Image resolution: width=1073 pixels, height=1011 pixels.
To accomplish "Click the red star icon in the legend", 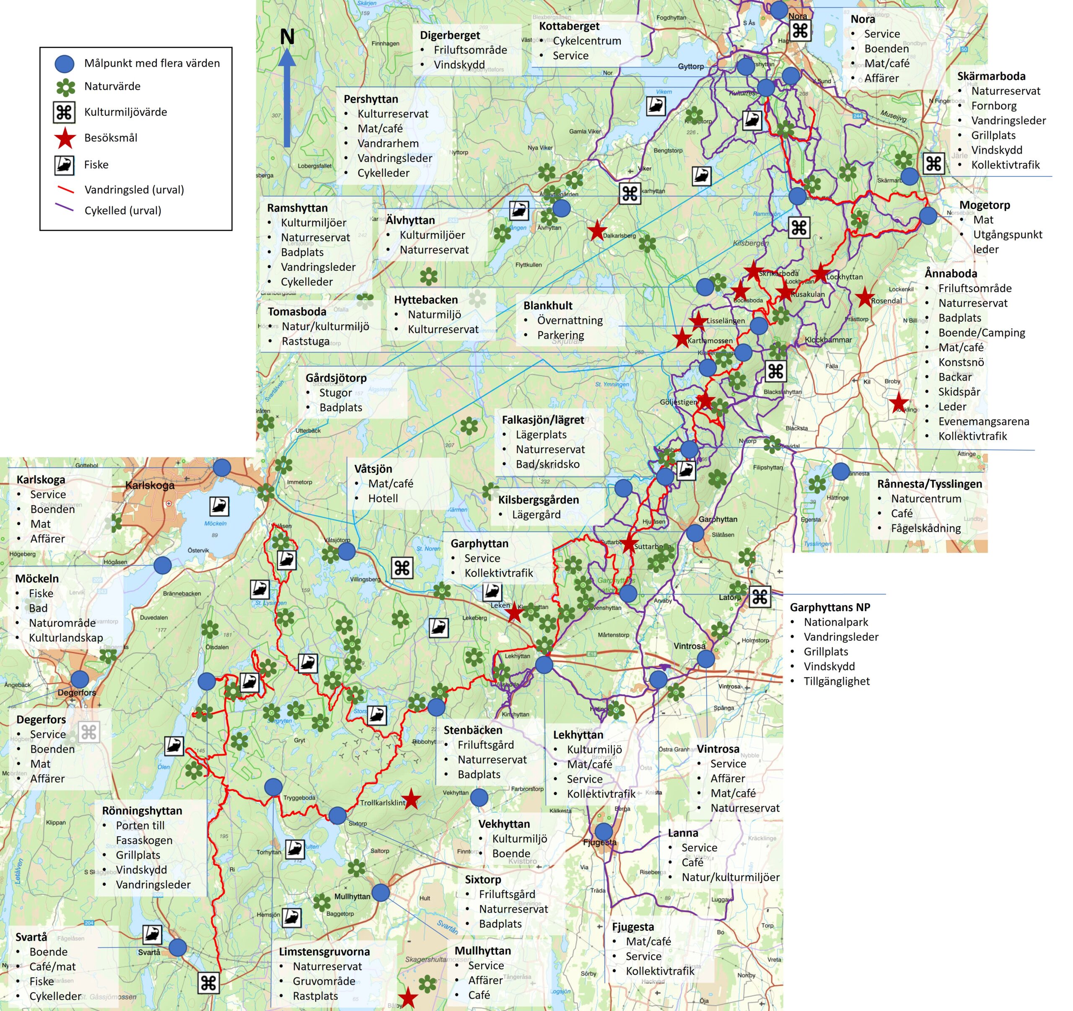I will pyautogui.click(x=65, y=138).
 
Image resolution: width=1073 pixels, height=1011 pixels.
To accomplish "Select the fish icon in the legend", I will pyautogui.click(x=64, y=165).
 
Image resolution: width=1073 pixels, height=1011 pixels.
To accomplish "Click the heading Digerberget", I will pyautogui.click(x=450, y=35).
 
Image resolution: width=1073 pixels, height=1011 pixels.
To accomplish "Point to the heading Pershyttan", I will pyautogui.click(x=371, y=99).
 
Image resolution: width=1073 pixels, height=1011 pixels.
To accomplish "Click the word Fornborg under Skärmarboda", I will pyautogui.click(x=994, y=106).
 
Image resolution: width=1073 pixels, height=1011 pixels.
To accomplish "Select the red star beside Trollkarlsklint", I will pyautogui.click(x=411, y=799).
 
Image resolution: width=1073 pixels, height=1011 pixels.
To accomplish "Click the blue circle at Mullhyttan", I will pyautogui.click(x=381, y=892).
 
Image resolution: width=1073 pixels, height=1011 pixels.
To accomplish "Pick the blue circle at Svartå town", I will pyautogui.click(x=178, y=947).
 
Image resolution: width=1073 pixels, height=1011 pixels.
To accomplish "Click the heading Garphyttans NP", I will pyautogui.click(x=829, y=607).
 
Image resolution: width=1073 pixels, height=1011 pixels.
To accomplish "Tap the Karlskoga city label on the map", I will pyautogui.click(x=150, y=485).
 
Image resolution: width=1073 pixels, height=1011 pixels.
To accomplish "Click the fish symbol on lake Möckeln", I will pyautogui.click(x=219, y=506).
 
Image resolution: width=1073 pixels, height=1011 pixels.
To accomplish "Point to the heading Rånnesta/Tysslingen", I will pyautogui.click(x=929, y=484).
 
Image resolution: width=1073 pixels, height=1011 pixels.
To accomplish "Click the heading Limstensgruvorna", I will pyautogui.click(x=324, y=951).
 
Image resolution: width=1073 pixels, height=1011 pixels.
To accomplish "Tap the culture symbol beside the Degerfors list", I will pyautogui.click(x=89, y=733).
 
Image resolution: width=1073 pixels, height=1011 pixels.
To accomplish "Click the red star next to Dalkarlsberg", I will pyautogui.click(x=596, y=231).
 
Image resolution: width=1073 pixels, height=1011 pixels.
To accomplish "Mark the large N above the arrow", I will pyautogui.click(x=287, y=37).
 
